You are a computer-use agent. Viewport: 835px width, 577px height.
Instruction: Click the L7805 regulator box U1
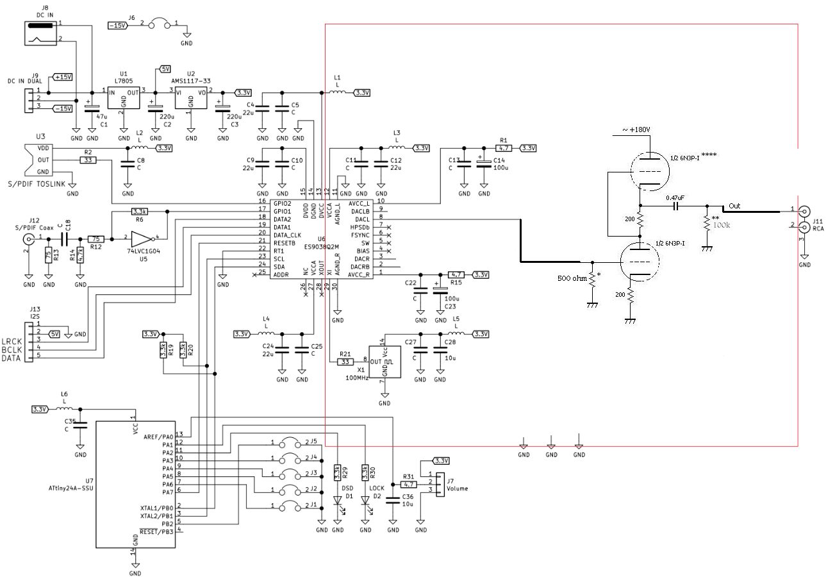pos(124,100)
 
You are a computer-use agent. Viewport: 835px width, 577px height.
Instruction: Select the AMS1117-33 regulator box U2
pos(190,100)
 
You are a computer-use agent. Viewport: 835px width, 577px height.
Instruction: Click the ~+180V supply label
pos(636,130)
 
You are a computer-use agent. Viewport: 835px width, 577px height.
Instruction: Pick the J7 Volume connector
pos(440,484)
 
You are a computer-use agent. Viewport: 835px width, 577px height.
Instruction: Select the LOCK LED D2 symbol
pos(365,501)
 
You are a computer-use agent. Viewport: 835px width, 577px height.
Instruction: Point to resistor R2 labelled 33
pos(88,160)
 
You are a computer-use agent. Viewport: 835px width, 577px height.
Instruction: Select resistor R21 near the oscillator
pos(345,362)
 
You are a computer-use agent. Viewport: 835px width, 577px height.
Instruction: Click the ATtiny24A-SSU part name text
pos(71,488)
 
